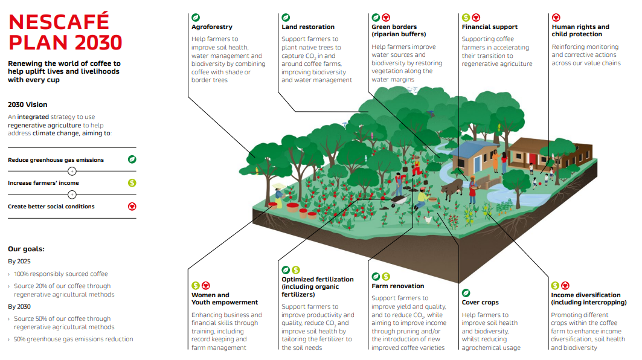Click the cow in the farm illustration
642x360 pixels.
tap(452, 188)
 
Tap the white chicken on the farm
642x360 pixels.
tap(428, 220)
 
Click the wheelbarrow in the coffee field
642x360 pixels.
tap(400, 201)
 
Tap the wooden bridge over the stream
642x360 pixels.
tap(493, 181)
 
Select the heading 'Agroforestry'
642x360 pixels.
tap(211, 27)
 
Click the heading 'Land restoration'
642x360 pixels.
tap(308, 27)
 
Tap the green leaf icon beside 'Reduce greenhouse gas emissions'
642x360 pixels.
tap(132, 159)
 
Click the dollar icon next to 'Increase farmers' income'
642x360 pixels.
tap(132, 182)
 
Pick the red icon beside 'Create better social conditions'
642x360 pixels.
tap(132, 207)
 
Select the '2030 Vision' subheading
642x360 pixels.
tap(27, 104)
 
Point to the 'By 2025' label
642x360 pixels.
tap(19, 262)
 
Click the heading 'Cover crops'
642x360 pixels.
tap(480, 302)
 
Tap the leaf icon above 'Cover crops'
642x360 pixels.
tap(466, 293)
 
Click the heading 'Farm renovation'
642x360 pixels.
tap(397, 286)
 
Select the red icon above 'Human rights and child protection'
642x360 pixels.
tap(556, 17)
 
